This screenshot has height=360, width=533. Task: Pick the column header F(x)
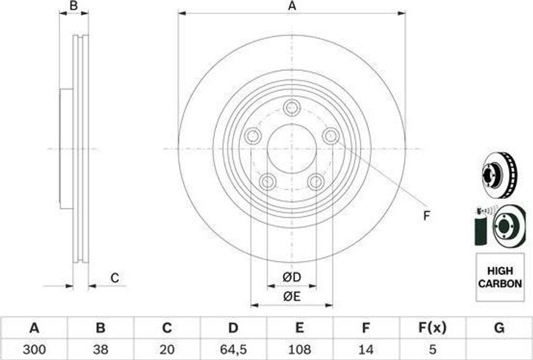[432, 328]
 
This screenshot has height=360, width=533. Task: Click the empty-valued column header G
[499, 328]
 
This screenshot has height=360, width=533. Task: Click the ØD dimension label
[292, 278]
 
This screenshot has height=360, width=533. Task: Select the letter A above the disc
[292, 6]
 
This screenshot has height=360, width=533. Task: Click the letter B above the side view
[74, 6]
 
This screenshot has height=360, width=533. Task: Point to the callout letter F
[426, 216]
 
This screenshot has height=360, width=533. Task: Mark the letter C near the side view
[115, 278]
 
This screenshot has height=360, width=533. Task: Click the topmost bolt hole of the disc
[292, 108]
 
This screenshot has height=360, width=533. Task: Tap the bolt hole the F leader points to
[331, 136]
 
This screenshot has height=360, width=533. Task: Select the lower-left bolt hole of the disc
[268, 182]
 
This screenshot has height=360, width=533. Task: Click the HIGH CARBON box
[500, 278]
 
